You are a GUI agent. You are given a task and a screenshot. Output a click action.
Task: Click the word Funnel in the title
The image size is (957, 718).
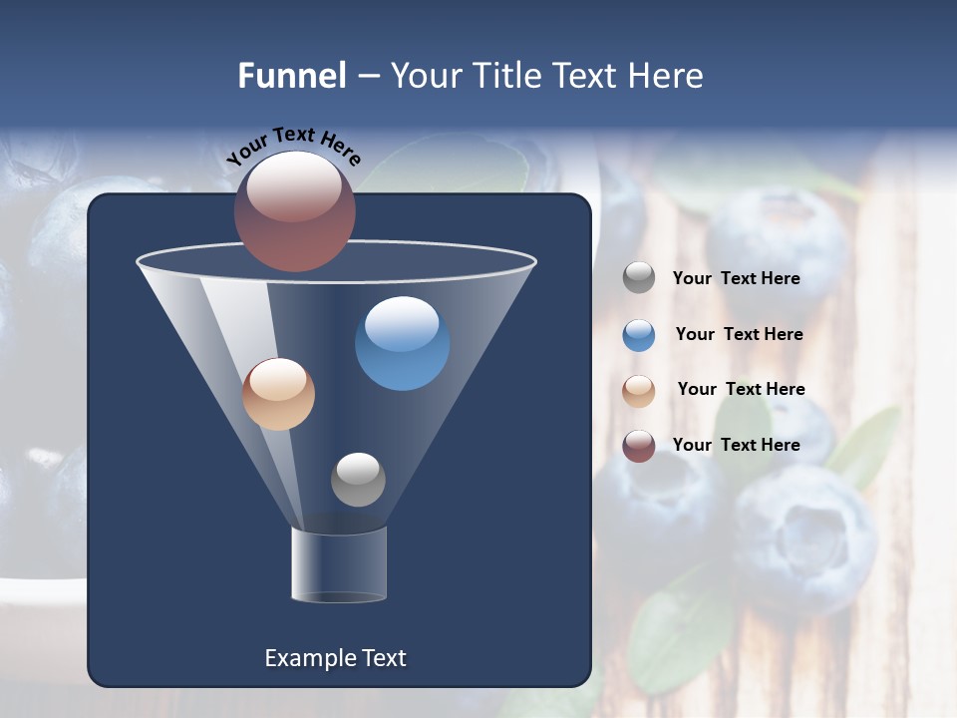coord(291,76)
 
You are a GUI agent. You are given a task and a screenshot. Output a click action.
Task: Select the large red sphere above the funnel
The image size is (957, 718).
coord(294,211)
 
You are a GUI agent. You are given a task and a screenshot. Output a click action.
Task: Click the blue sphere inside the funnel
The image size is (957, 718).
coord(402,344)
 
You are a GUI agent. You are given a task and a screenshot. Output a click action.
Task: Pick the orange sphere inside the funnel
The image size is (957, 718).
coord(278,394)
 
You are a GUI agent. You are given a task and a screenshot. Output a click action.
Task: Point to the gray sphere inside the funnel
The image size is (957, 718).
coord(358,479)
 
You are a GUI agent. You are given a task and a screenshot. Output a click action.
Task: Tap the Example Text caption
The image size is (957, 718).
coord(335,658)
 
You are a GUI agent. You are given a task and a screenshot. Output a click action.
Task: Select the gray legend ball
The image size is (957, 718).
coord(639,278)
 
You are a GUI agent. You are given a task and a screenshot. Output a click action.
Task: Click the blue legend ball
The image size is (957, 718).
coord(639,335)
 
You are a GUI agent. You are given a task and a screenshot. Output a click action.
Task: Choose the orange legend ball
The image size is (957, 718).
coord(639,391)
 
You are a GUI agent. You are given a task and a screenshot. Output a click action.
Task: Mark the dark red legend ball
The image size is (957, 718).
coord(639,446)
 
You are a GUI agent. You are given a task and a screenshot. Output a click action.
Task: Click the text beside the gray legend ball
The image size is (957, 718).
coord(736,279)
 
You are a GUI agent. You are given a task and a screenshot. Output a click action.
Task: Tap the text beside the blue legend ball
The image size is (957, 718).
coord(739,335)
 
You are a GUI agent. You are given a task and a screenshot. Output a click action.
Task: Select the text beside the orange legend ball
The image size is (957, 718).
coord(741,390)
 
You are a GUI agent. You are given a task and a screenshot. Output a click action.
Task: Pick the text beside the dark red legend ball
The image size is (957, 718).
coord(736,445)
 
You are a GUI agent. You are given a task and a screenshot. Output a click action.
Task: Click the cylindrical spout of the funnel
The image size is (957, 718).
coord(339,564)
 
